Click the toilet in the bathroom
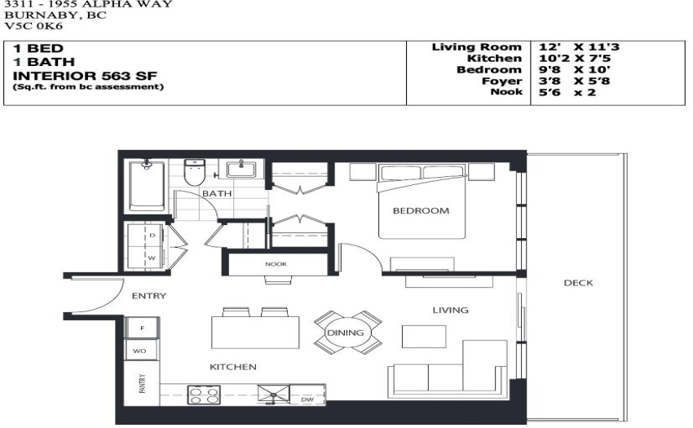click(195, 172)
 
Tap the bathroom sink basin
click(241, 170)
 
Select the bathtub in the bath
click(147, 186)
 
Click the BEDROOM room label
click(421, 211)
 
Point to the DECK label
click(578, 283)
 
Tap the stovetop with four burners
click(204, 395)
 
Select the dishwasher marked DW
click(307, 395)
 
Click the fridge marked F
click(142, 328)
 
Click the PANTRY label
click(142, 383)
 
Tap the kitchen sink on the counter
click(274, 394)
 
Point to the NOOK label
click(276, 264)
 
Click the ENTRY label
click(149, 296)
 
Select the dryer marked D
click(146, 236)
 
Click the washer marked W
click(146, 258)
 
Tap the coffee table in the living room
click(424, 337)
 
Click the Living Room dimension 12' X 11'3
click(579, 46)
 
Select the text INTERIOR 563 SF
click(85, 76)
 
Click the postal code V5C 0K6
click(33, 25)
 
